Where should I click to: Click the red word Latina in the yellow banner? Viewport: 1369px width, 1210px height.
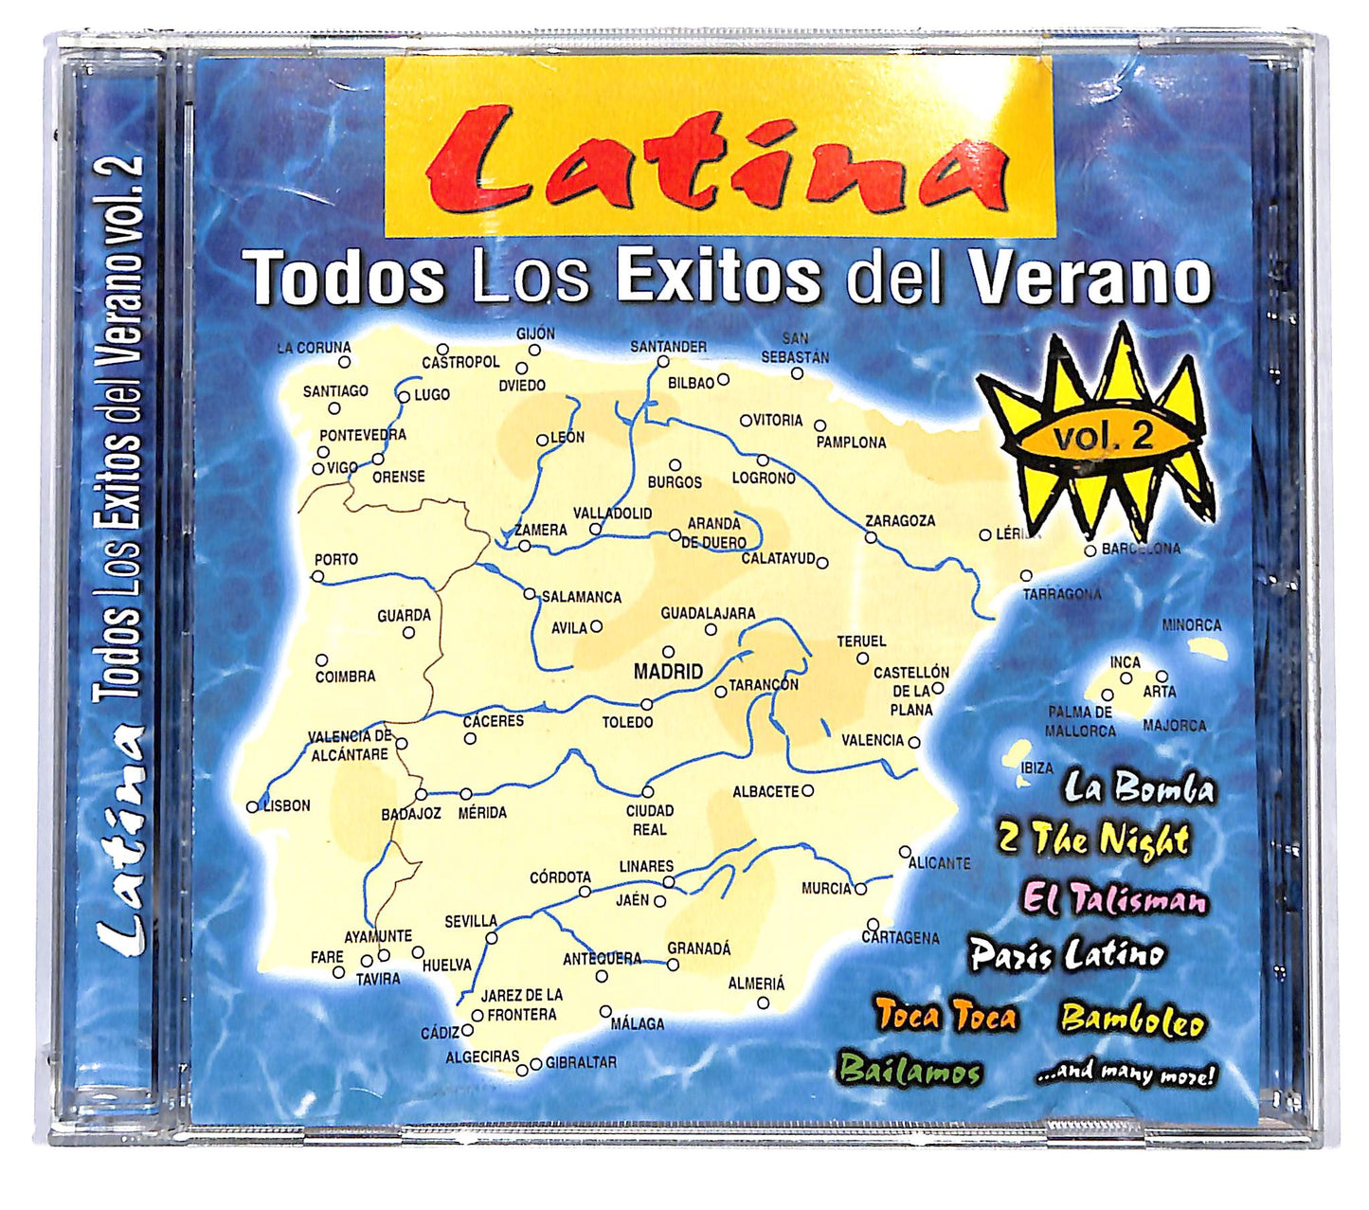(x=716, y=162)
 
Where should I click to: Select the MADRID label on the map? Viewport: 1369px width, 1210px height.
(x=668, y=672)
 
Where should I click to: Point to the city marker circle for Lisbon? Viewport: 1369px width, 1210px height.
(x=252, y=807)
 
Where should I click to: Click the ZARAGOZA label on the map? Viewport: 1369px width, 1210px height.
(x=899, y=521)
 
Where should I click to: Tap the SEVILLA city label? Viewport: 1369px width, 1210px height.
(x=471, y=920)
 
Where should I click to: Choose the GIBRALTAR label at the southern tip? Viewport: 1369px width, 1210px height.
(x=581, y=1062)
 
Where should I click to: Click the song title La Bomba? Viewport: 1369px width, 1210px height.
(x=1138, y=788)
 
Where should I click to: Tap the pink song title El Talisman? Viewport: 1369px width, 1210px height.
(x=1115, y=898)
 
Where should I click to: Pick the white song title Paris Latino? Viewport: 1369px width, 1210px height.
(x=1067, y=954)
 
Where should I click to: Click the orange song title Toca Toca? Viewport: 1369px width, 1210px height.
(x=946, y=1016)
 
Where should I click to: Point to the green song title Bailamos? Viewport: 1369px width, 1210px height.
(x=909, y=1072)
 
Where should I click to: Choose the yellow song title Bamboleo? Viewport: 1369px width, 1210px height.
(x=1133, y=1020)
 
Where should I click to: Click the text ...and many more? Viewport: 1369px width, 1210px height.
(x=1125, y=1075)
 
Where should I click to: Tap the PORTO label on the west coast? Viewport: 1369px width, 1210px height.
(x=335, y=560)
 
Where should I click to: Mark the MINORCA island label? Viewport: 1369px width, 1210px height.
(x=1192, y=625)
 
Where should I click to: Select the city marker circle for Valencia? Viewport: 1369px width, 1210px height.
(x=914, y=743)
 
